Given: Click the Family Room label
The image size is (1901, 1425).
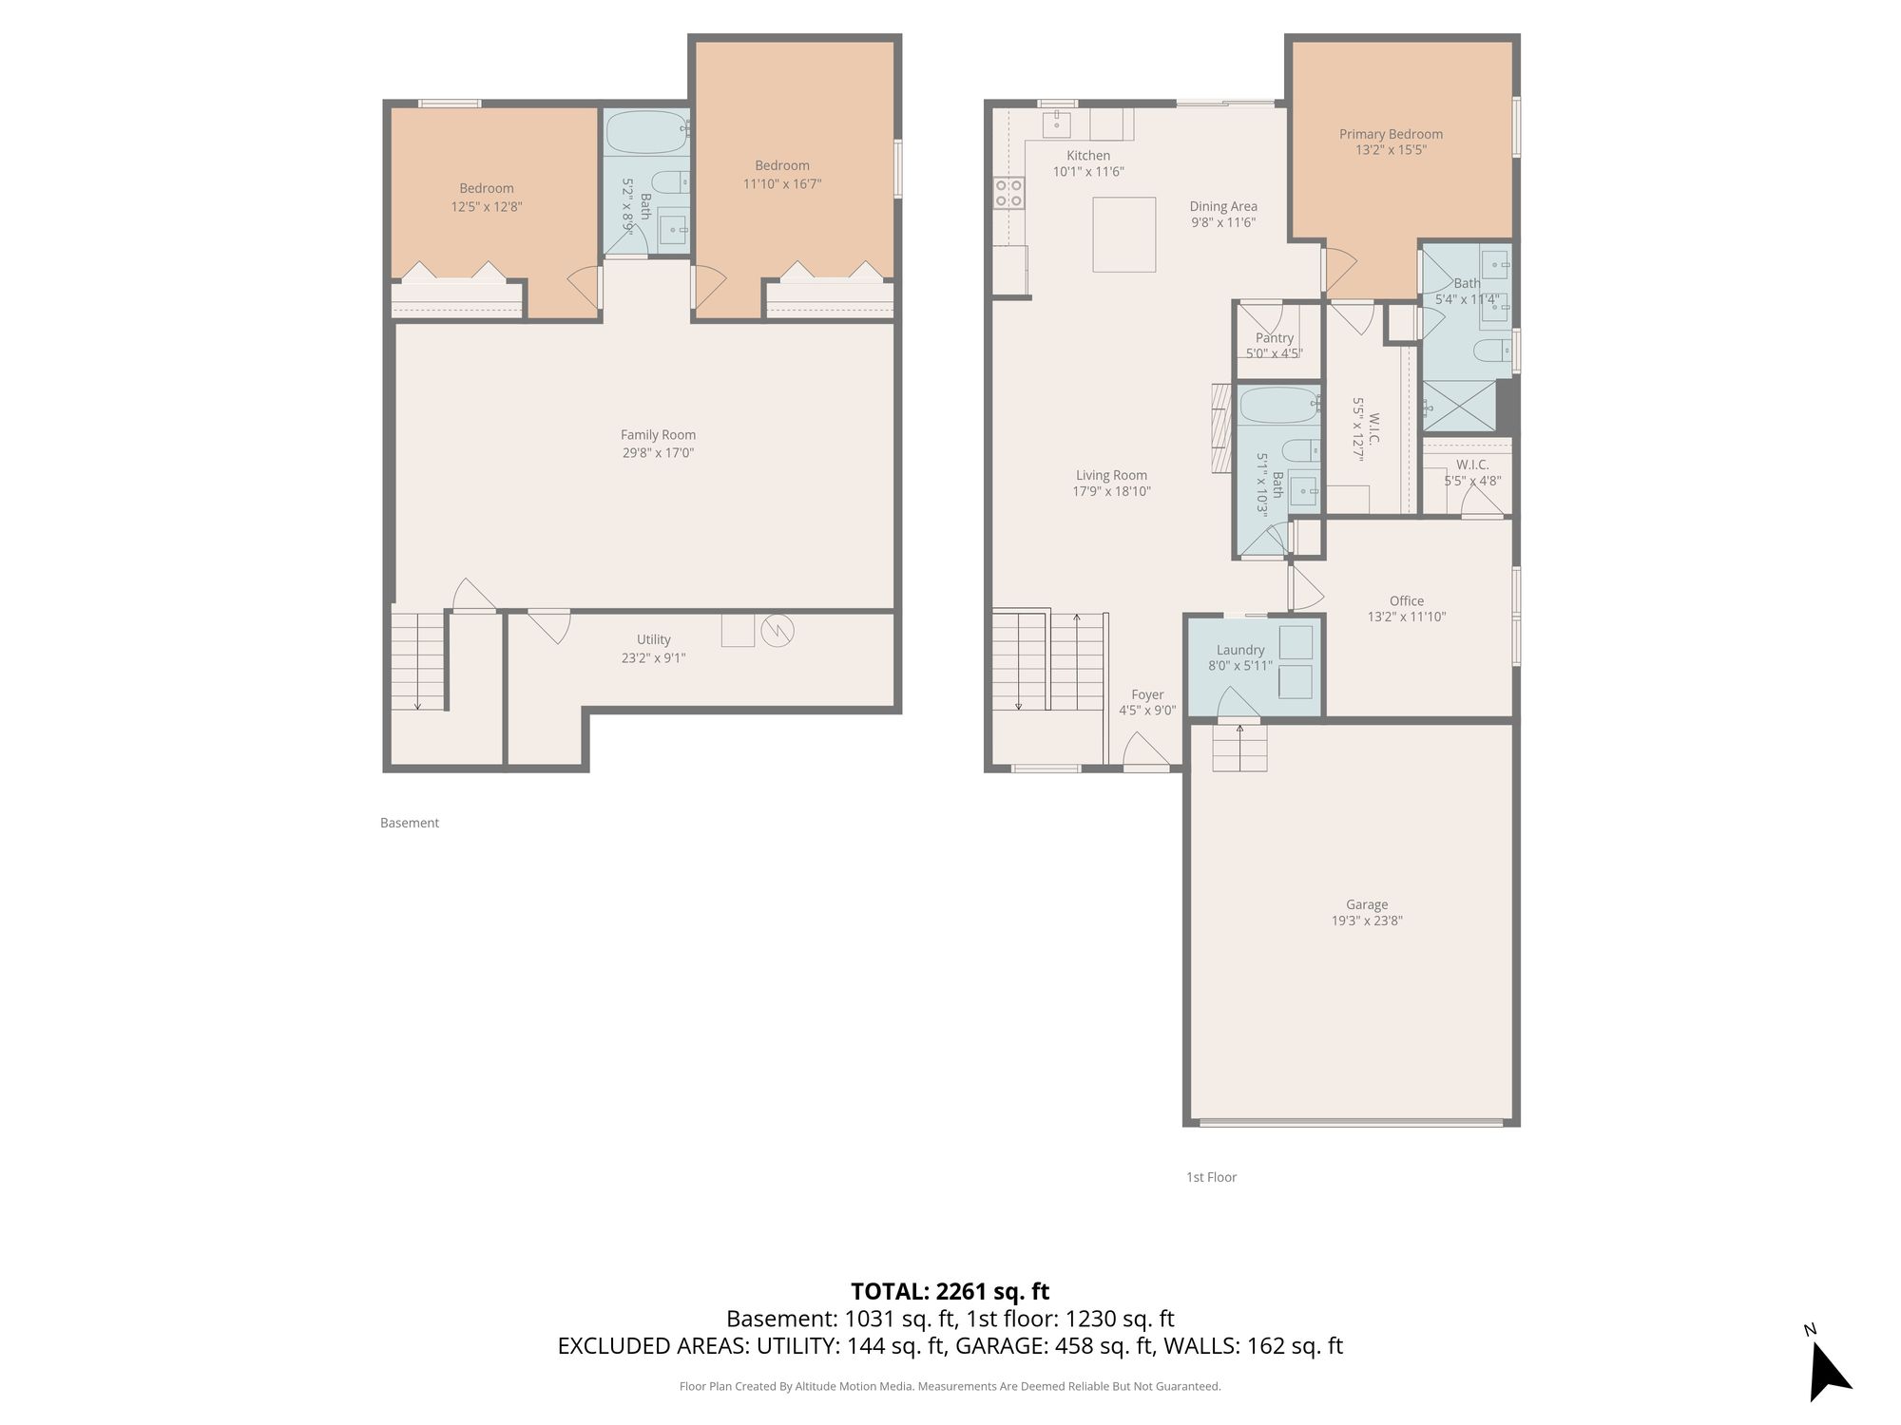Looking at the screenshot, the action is point(658,435).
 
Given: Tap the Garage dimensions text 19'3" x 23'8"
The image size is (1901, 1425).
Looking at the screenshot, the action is point(1367,921).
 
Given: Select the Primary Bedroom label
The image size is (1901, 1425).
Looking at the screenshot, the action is point(1391,134).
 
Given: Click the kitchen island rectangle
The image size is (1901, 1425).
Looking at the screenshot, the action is point(1123,235).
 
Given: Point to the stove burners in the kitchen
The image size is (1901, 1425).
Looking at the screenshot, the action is point(1008,193).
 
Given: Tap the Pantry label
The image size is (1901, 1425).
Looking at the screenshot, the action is point(1275,337).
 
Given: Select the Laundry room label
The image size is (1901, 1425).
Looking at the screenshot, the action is point(1240,650).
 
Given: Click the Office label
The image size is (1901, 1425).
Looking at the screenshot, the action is point(1407,600).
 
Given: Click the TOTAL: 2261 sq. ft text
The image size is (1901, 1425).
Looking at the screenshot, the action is point(950,1291).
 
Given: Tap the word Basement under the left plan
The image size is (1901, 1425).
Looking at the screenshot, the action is point(410,823).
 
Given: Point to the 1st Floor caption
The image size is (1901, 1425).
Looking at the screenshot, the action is point(1211,1177).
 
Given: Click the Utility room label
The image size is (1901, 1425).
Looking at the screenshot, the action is point(654,639).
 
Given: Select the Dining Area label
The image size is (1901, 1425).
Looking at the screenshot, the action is point(1223,206).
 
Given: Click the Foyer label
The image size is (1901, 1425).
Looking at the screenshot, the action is point(1147,694).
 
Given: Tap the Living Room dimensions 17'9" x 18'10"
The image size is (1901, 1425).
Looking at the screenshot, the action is point(1112,491).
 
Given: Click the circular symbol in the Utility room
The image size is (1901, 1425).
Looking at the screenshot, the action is point(778,631).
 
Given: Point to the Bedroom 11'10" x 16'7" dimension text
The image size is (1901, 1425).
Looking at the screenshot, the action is point(782,183).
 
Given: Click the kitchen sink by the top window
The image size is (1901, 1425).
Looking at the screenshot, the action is point(1057,124).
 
